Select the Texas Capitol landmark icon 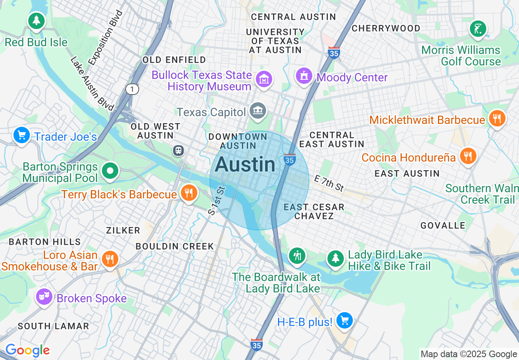pos(258,110)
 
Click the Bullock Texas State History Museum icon pos(264,79)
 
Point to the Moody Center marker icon pos(304,76)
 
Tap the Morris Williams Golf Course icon pos(478,29)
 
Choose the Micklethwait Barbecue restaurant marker pos(497,119)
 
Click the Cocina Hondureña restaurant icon pos(468,156)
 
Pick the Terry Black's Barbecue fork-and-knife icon pos(188,193)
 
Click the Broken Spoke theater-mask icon pos(44,296)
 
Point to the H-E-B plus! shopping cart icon pos(344,320)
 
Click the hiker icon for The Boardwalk pos(297,256)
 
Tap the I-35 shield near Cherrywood pos(334,53)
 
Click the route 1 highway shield pos(132,89)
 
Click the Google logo pos(27,351)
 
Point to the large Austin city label pos(245,164)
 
